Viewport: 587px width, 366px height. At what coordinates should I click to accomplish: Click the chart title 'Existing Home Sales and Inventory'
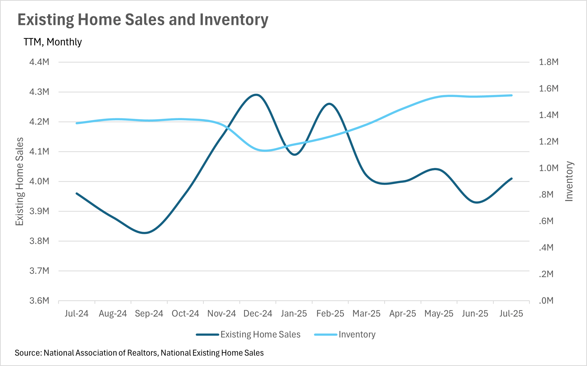click(x=143, y=20)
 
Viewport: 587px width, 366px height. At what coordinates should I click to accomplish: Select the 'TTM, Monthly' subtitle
click(x=53, y=42)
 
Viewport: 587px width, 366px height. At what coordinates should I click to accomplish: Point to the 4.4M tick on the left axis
click(x=39, y=62)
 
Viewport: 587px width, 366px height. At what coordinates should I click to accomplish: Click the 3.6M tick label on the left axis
click(x=39, y=301)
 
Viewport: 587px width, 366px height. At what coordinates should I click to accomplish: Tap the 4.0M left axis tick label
click(x=39, y=181)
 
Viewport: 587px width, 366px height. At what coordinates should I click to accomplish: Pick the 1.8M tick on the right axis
click(x=548, y=62)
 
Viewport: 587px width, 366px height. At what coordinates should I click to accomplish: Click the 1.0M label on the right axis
click(x=548, y=168)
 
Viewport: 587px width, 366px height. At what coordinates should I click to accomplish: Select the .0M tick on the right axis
click(x=546, y=301)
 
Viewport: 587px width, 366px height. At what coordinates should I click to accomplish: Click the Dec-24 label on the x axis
click(x=258, y=314)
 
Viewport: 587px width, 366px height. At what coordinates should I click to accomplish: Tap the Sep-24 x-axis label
click(x=149, y=314)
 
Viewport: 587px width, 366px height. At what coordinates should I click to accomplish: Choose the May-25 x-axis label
click(x=439, y=314)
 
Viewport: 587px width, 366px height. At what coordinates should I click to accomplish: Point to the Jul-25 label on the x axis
click(x=511, y=314)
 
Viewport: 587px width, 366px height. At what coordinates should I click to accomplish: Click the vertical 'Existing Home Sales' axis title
click(x=20, y=181)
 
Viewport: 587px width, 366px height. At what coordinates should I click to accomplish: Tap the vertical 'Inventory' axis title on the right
click(x=569, y=181)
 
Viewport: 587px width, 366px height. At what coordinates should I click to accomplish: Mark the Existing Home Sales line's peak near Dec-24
click(x=256, y=95)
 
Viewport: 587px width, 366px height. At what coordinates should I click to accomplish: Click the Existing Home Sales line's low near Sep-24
click(x=145, y=233)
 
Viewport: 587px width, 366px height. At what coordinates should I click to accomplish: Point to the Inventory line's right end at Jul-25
click(x=511, y=95)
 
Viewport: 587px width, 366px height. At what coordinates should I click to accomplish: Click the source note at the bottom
click(x=139, y=353)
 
